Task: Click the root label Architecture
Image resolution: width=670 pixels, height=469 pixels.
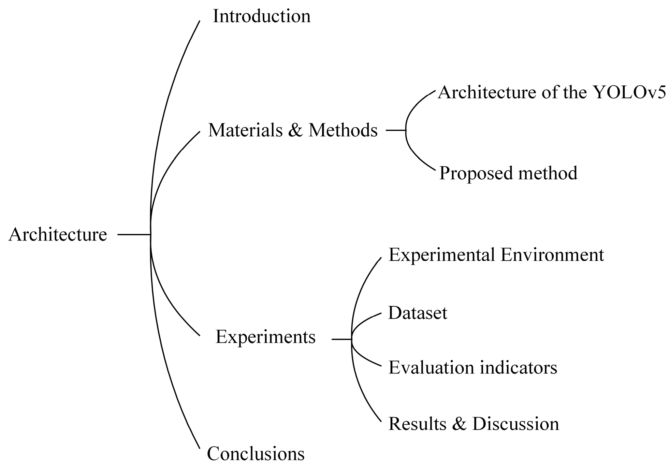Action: click(58, 235)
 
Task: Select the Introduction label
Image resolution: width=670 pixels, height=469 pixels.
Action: click(262, 16)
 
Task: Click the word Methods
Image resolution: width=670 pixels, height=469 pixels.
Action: click(343, 130)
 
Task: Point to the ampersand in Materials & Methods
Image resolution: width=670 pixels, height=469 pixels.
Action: click(295, 130)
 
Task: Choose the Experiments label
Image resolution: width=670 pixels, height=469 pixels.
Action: click(265, 337)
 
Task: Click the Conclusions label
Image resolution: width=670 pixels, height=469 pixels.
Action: click(256, 454)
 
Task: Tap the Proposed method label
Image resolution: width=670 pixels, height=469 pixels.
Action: click(508, 173)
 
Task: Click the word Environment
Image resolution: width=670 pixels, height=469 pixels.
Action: click(552, 255)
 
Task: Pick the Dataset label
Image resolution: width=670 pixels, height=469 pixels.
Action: click(418, 313)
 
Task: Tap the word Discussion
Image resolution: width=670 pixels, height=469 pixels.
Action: click(515, 424)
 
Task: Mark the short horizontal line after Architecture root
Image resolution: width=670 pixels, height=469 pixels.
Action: click(134, 234)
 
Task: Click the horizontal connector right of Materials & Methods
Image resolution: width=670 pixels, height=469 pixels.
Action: click(396, 130)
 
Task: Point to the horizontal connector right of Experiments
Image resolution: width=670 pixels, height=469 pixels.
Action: click(341, 339)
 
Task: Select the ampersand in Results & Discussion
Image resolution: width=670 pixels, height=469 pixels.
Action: click(459, 424)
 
